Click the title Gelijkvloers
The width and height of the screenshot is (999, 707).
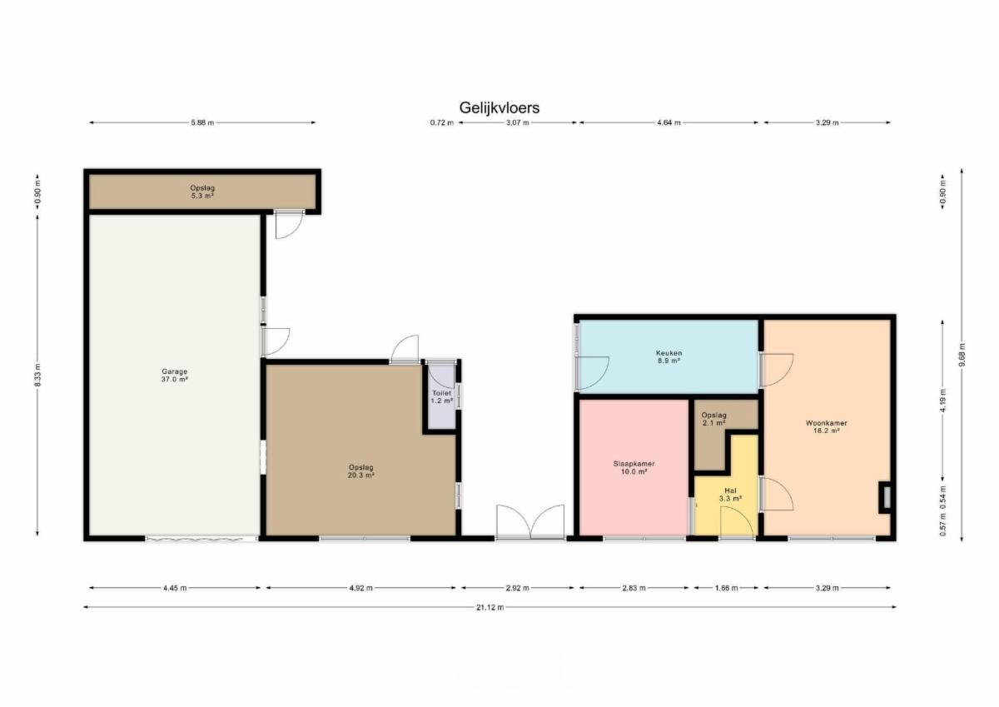[499, 108]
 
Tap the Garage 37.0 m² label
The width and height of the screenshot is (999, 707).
[174, 375]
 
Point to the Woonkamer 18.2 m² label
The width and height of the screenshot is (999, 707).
[827, 427]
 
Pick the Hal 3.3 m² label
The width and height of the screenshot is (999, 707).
[731, 495]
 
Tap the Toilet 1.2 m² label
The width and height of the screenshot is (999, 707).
[441, 397]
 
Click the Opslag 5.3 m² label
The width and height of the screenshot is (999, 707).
[202, 192]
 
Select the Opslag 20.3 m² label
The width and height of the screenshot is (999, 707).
[360, 471]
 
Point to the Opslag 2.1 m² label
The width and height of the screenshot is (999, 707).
[713, 419]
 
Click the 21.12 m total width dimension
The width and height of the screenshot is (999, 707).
[490, 607]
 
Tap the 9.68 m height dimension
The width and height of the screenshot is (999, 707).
[962, 355]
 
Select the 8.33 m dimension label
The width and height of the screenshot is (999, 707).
[37, 375]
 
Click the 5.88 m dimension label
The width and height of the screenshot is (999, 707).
[202, 122]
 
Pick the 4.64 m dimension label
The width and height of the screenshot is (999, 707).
[668, 122]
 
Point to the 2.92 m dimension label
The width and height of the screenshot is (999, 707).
[517, 588]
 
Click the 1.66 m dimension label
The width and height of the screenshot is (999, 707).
[726, 588]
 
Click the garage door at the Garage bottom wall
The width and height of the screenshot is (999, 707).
[201, 539]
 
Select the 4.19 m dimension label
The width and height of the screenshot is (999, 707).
[942, 401]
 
